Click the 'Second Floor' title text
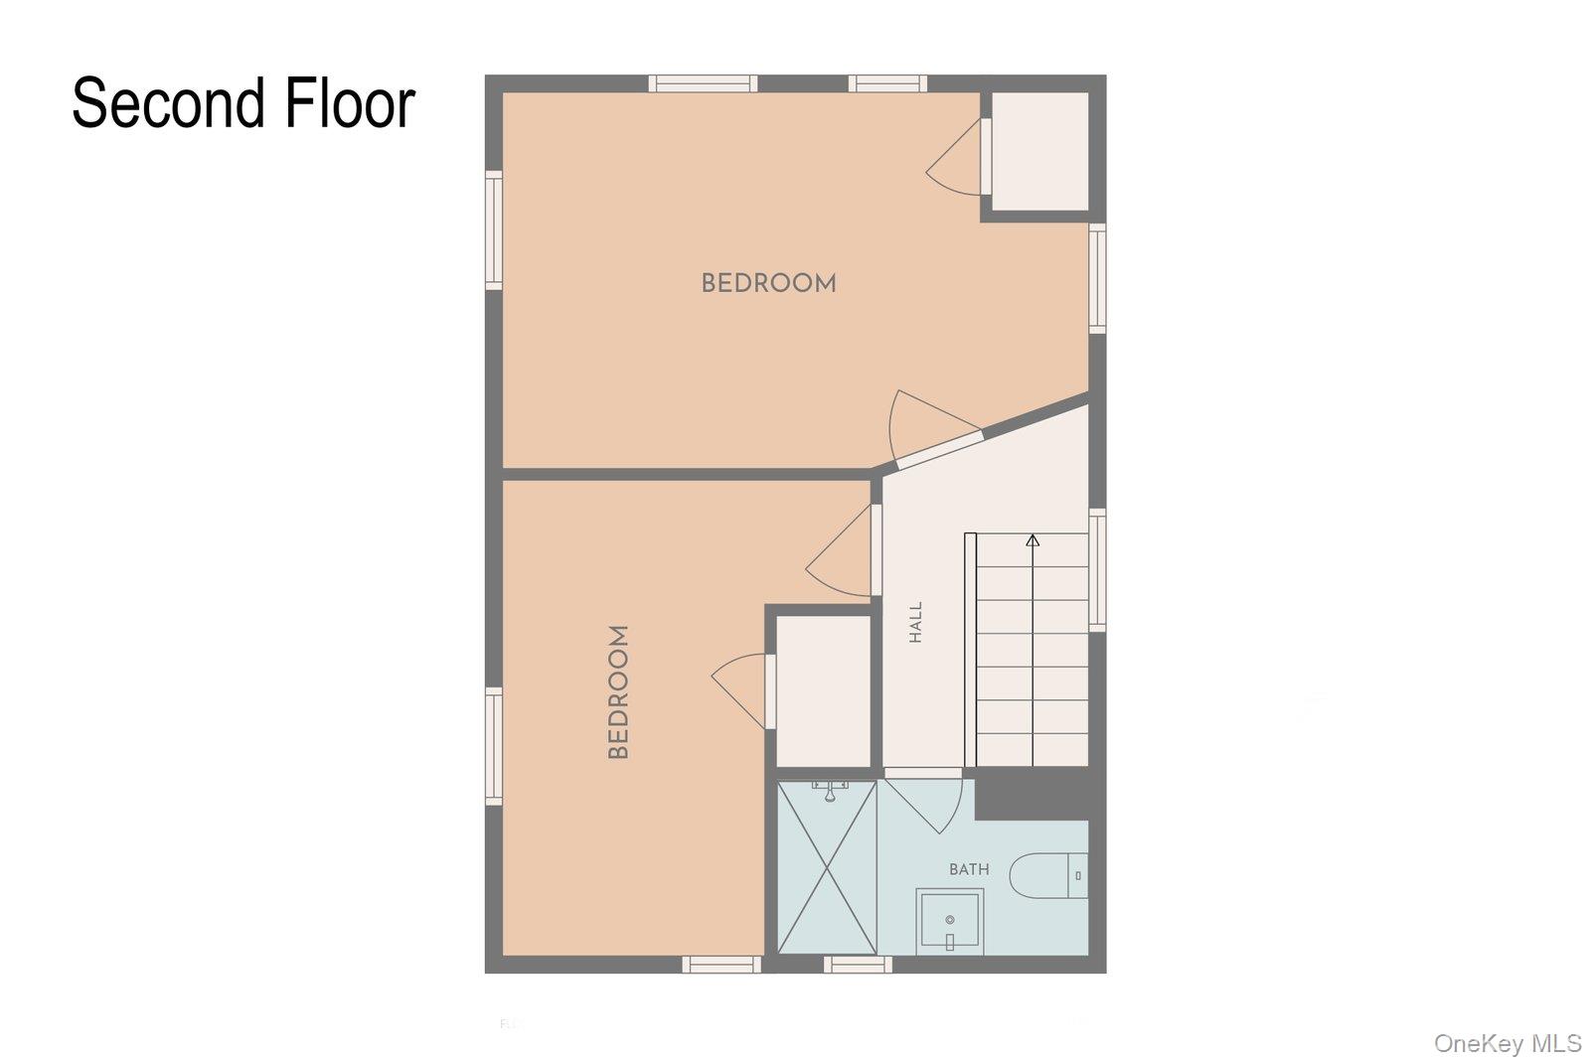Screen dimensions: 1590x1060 243,104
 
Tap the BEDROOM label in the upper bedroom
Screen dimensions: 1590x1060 769,284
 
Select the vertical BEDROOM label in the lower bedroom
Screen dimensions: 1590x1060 618,691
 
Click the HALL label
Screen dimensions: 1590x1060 915,622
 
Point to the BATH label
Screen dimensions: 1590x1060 969,869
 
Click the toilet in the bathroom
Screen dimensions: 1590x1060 1048,876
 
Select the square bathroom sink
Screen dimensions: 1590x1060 950,921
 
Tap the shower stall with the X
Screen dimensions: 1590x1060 827,867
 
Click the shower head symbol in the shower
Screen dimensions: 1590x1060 830,791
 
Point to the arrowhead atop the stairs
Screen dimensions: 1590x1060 1033,540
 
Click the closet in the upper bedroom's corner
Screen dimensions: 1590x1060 1039,152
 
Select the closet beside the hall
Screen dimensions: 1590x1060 824,691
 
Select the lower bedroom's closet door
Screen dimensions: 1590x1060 742,689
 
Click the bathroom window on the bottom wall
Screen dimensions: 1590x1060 859,965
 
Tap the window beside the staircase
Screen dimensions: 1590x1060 1097,569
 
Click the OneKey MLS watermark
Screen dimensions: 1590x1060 1508,1043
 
